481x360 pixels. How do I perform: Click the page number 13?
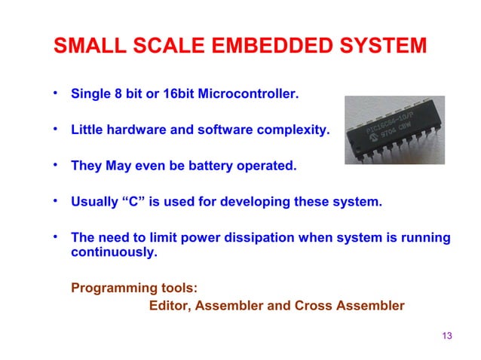[446, 335]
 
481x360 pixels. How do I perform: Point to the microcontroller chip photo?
[394, 130]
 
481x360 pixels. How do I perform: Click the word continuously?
[114, 252]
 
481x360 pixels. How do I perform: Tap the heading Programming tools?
[135, 288]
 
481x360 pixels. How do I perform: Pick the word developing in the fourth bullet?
[267, 202]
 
